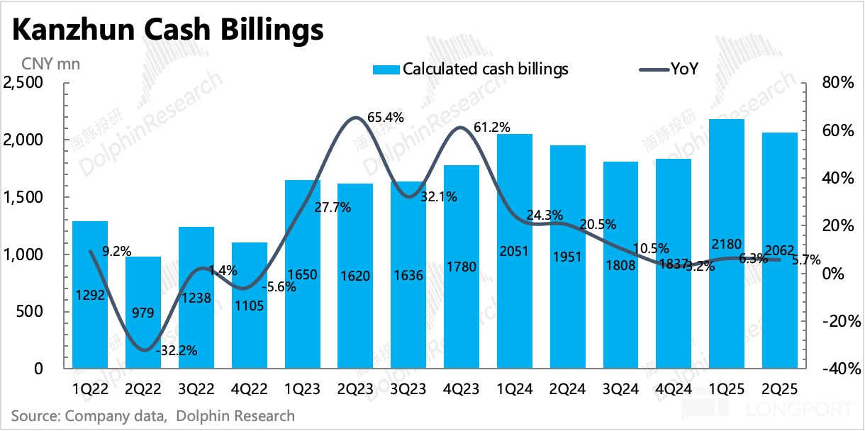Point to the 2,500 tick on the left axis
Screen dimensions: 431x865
point(24,83)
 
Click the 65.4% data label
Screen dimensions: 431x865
point(386,118)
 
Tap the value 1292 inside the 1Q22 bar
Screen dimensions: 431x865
point(90,295)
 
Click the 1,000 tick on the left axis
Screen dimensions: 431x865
point(24,254)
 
